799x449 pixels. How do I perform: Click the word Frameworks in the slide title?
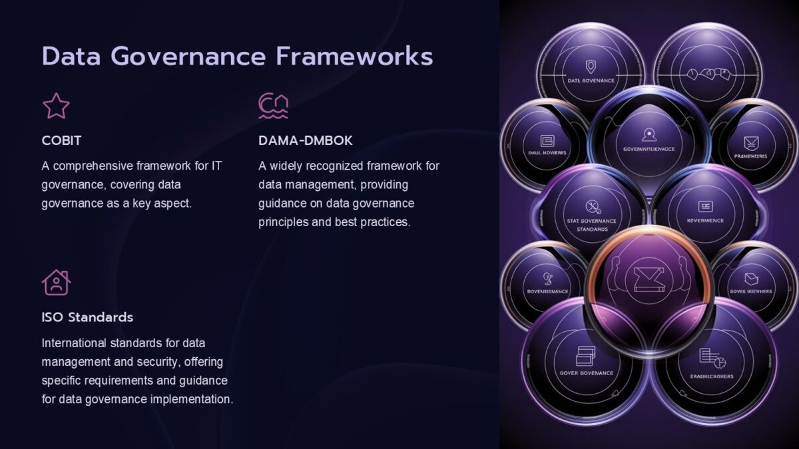pos(354,57)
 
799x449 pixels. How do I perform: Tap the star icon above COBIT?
pos(56,106)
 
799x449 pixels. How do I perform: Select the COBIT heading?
pos(61,141)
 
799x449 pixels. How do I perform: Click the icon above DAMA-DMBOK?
pos(273,106)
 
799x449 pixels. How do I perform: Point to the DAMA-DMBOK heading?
pos(306,141)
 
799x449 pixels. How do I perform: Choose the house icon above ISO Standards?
pos(56,282)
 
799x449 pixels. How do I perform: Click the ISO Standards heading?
pos(87,317)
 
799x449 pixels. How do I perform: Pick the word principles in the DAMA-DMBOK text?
pos(283,222)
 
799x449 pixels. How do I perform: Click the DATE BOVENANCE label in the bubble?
pos(591,80)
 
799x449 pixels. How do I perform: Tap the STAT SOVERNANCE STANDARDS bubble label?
pos(591,225)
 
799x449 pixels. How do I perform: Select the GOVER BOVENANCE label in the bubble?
pos(587,373)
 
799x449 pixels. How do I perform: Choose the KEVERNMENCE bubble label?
pos(704,220)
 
